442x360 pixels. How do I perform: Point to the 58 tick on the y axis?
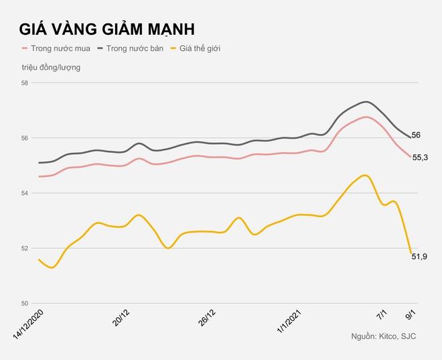(25, 83)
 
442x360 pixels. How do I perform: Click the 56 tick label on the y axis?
(25, 138)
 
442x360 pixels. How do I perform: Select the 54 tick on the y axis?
(25, 193)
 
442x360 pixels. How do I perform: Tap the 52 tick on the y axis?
(25, 248)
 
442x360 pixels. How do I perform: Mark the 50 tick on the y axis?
(25, 303)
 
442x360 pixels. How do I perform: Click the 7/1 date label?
(382, 314)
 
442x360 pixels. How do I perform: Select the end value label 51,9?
(420, 257)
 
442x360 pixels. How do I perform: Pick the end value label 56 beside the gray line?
(416, 135)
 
